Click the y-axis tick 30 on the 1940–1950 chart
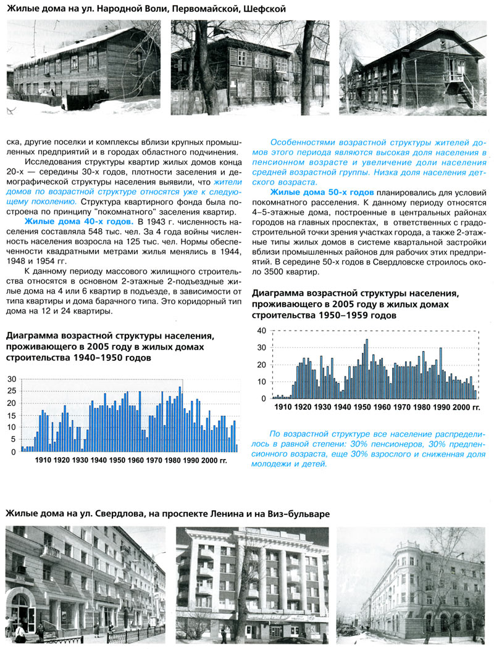tap(12, 378)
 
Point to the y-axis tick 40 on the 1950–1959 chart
tap(261, 331)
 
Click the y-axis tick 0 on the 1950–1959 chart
tap(263, 399)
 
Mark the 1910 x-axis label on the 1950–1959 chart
tap(283, 407)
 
